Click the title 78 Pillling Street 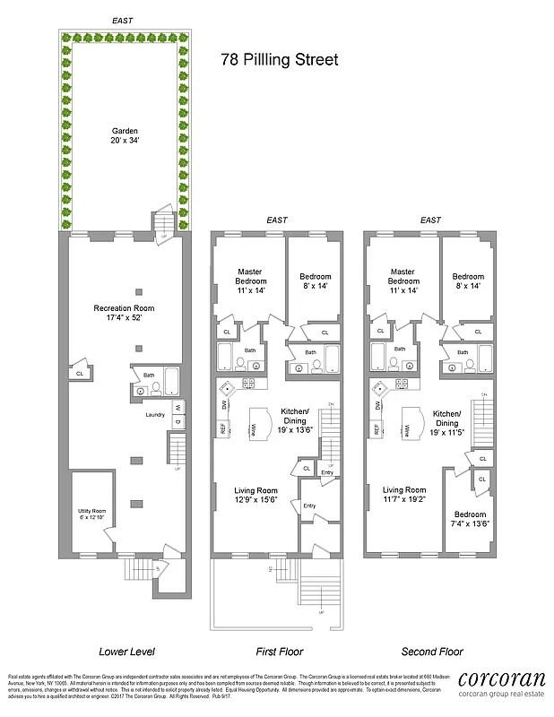click(x=280, y=61)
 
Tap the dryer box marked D click(x=178, y=423)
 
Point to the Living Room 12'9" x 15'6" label click(x=255, y=496)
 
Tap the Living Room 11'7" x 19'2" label click(x=403, y=496)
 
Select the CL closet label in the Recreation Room click(x=81, y=373)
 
